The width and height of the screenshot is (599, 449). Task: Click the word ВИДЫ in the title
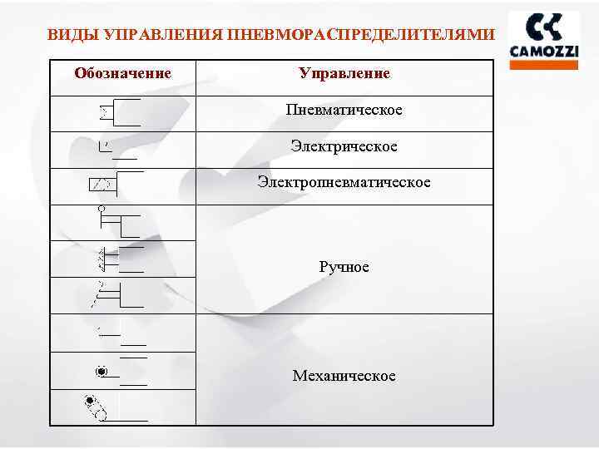click(x=67, y=36)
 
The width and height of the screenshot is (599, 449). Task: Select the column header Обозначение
click(x=122, y=73)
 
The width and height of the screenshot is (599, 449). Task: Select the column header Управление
click(x=344, y=73)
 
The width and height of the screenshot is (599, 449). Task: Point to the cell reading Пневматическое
click(x=344, y=111)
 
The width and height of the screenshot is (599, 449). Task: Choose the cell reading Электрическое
click(x=344, y=147)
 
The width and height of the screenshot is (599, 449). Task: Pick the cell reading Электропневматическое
click(x=344, y=181)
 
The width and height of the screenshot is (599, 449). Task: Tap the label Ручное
click(x=344, y=267)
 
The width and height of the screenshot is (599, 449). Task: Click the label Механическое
click(x=344, y=376)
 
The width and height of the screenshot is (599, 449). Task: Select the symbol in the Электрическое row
click(x=116, y=150)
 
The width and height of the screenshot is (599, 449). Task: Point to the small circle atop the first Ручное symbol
click(x=101, y=208)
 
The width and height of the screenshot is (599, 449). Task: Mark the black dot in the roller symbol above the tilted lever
click(x=101, y=371)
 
